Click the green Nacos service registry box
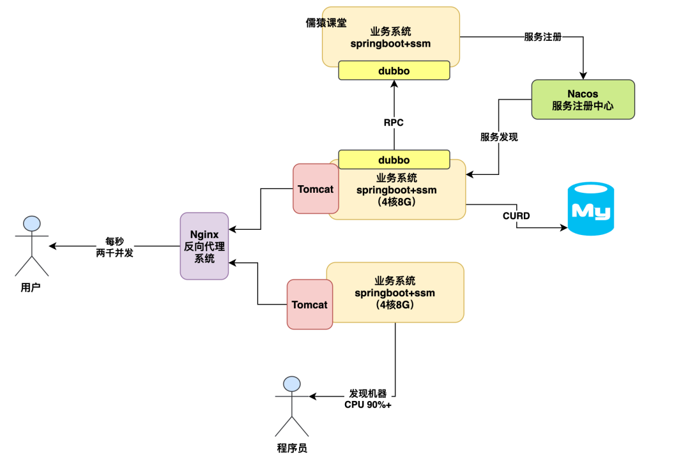pos(583,99)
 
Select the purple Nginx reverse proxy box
pos(204,246)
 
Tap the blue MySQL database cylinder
pos(591,209)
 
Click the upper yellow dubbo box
pos(394,70)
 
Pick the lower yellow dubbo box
pos(394,160)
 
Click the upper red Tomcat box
pos(316,189)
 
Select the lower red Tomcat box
pos(310,305)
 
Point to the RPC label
pos(394,122)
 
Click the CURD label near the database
pos(516,216)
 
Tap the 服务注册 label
pos(542,37)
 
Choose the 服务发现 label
pos(499,137)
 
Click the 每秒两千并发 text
pos(114,247)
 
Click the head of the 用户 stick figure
pos(31,223)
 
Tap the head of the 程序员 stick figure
pos(292,384)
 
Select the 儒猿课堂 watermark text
pos(326,23)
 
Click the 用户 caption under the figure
pos(31,288)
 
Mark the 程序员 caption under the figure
pos(292,448)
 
